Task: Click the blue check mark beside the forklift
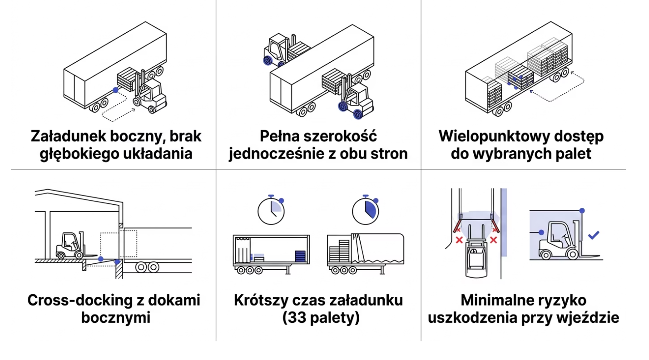pos(593,235)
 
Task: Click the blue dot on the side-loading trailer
pos(116,90)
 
